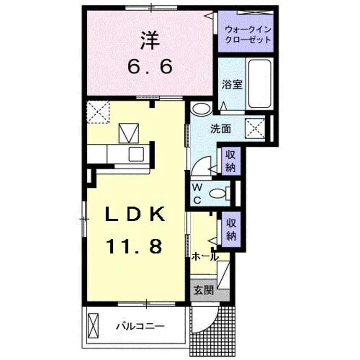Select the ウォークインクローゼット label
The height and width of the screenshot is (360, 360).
click(x=248, y=35)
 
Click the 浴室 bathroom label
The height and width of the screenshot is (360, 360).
click(x=232, y=84)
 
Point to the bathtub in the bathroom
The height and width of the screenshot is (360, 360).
click(x=260, y=83)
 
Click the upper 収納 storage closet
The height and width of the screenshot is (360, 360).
click(x=231, y=161)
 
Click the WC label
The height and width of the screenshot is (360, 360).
click(x=197, y=193)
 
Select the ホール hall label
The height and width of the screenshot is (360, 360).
click(x=205, y=256)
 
